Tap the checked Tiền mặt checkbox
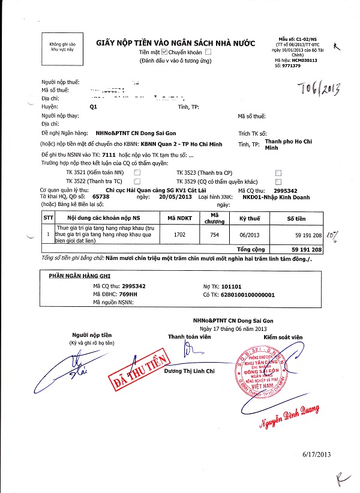157,52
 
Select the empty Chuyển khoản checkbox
208,52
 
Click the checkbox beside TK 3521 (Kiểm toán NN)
137,172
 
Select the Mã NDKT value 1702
180,235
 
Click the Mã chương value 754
215,235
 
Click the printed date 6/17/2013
317,455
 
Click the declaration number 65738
101,196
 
